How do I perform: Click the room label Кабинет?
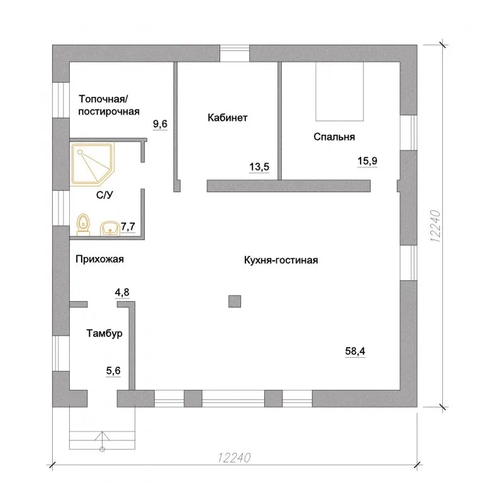click(228, 118)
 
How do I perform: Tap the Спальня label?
click(334, 137)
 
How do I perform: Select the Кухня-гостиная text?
click(281, 260)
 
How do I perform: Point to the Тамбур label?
click(104, 333)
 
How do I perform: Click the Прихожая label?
click(99, 259)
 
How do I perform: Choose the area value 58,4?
click(355, 351)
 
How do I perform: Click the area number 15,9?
click(367, 161)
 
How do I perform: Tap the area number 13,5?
click(259, 167)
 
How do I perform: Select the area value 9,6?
click(160, 123)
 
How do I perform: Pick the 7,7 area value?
click(128, 227)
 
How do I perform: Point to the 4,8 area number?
click(122, 292)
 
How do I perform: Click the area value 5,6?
click(113, 370)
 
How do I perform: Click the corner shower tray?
click(92, 164)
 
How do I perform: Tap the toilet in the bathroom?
click(84, 224)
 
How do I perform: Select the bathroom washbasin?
click(110, 228)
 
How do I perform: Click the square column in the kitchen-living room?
click(235, 302)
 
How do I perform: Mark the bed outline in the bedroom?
click(340, 91)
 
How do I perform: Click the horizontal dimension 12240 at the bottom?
click(234, 458)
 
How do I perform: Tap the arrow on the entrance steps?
click(103, 442)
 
